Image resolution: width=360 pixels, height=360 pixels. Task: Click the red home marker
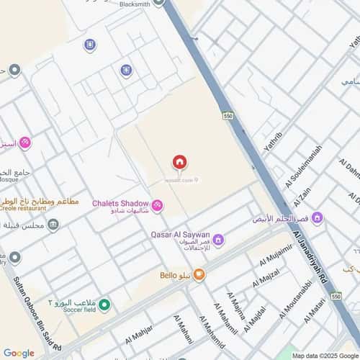[179, 162]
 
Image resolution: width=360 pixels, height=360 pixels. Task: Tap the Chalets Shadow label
[120, 203]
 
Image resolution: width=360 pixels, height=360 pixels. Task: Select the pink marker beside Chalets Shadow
[157, 207]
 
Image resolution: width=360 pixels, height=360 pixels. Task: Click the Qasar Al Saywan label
[180, 235]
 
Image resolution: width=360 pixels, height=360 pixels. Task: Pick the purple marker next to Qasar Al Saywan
[218, 239]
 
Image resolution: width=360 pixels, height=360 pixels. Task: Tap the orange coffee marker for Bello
[199, 274]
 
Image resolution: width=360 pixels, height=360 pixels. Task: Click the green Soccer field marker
[104, 306]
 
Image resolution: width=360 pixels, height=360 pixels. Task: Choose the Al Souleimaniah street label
[293, 174]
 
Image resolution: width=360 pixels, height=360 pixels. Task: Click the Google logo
[19, 353]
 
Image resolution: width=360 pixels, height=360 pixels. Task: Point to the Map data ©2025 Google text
[325, 356]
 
